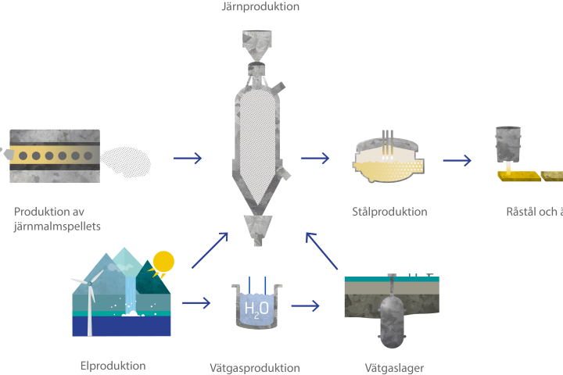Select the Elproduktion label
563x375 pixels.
coord(113,366)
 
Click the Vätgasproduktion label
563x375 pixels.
coord(254,367)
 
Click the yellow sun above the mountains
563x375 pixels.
coord(163,262)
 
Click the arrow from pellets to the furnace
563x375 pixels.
coord(188,159)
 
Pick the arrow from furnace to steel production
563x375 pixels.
coord(315,159)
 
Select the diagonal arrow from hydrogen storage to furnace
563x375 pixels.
coord(324,250)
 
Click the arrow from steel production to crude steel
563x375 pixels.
coord(457,161)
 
